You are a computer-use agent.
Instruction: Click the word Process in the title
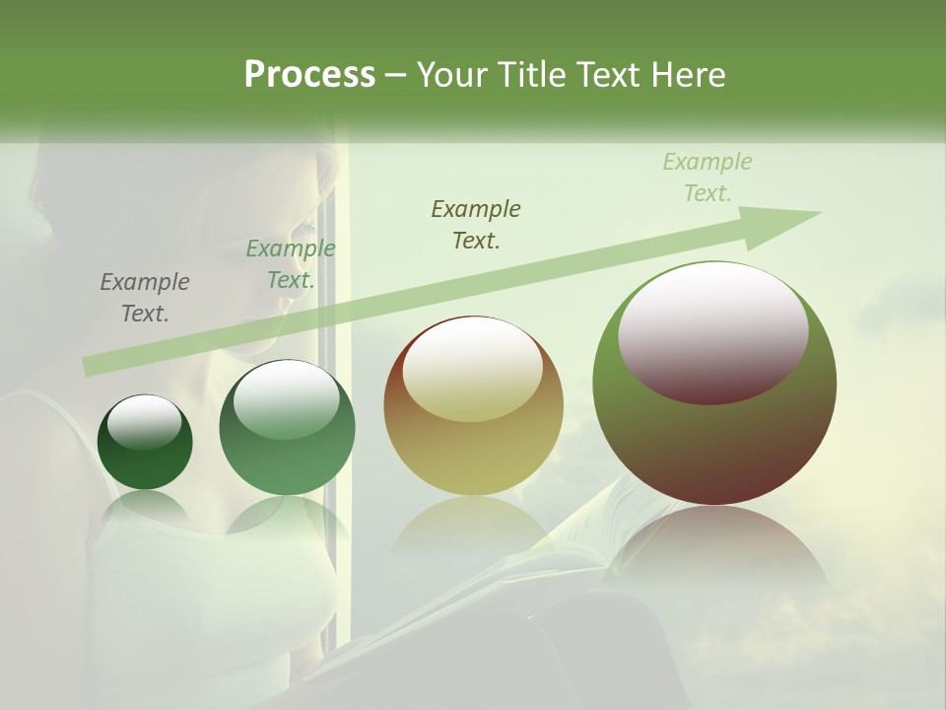pos(309,75)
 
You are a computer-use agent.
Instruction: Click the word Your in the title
pos(453,75)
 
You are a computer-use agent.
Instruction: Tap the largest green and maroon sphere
pos(714,434)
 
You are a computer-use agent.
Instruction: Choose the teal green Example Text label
pos(290,264)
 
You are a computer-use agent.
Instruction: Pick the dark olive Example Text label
pos(476,224)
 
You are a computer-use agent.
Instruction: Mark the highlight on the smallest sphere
pos(144,422)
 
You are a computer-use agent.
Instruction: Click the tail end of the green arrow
pos(91,366)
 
